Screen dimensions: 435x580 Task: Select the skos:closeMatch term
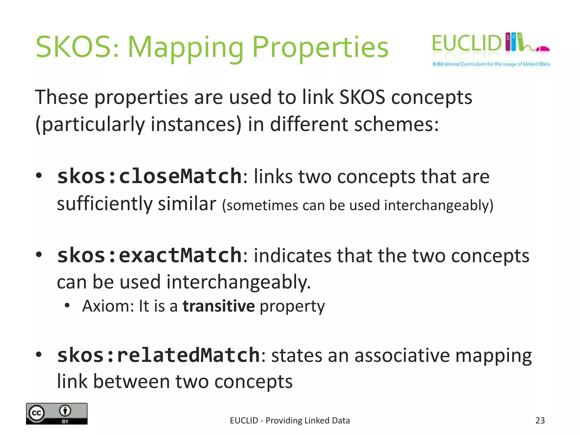149,176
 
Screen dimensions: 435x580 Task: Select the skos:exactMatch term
149,255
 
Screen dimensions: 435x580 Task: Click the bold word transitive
219,306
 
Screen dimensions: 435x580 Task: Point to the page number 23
540,420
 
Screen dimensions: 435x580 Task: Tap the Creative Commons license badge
57,413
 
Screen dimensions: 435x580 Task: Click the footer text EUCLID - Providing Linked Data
290,420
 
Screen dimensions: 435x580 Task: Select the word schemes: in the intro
396,124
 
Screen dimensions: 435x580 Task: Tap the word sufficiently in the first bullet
105,204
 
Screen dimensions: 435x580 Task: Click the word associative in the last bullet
402,355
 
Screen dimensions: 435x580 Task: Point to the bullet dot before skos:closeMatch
39,176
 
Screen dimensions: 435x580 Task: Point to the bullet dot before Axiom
67,306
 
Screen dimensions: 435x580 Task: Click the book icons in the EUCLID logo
514,42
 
